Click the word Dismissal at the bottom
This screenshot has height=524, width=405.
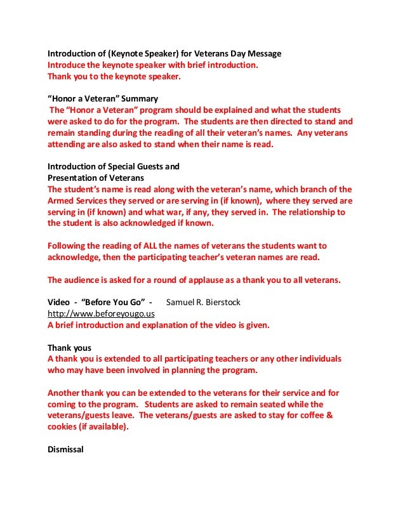[x=66, y=451]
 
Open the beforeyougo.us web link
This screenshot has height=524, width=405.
[x=102, y=313]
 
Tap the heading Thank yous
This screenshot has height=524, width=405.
[x=70, y=348]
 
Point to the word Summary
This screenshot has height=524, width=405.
[x=138, y=99]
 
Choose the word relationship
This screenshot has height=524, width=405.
[x=308, y=212]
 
